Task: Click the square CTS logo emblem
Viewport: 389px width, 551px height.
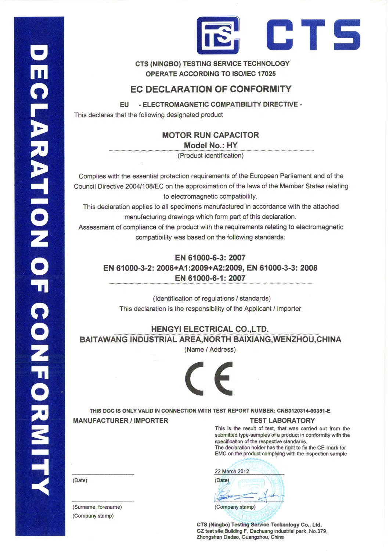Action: point(218,35)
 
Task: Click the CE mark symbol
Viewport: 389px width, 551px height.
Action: point(209,378)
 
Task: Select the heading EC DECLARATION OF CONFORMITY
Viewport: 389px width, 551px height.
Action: point(211,89)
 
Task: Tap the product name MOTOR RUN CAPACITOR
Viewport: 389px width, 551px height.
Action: point(210,135)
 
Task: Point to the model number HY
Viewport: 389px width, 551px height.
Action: point(232,145)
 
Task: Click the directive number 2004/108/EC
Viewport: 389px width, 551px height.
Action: point(144,186)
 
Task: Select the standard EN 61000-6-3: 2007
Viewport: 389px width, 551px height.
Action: point(210,258)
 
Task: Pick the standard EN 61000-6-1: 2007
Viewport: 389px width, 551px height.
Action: point(210,278)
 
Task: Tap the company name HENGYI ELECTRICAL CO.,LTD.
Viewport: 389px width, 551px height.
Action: point(210,329)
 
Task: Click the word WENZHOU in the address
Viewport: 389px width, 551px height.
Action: point(293,340)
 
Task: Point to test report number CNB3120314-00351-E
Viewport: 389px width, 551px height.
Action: point(303,411)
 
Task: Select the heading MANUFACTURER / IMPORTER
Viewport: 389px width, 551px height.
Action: point(120,420)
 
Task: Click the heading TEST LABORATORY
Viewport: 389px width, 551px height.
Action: point(282,420)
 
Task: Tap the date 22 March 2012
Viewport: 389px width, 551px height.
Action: point(232,472)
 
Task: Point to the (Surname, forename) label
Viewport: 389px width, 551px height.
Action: point(97,507)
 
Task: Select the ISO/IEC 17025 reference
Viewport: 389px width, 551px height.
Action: point(254,74)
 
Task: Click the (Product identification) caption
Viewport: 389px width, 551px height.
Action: point(210,156)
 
